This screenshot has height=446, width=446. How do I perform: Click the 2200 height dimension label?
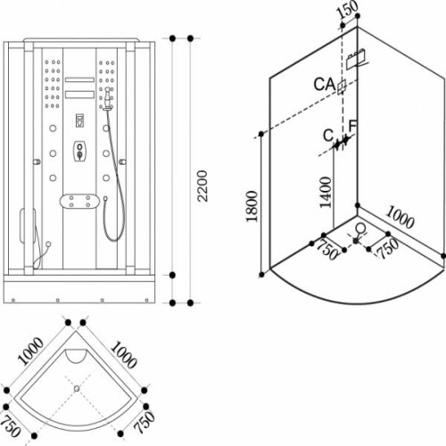click(202, 186)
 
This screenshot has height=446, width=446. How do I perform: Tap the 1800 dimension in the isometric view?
click(252, 206)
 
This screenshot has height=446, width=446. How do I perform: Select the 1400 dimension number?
click(326, 193)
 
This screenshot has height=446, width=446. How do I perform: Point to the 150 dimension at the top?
click(347, 11)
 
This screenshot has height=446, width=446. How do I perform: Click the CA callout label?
click(325, 84)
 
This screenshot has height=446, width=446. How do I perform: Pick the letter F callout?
click(352, 127)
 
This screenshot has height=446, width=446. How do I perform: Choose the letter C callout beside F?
click(328, 136)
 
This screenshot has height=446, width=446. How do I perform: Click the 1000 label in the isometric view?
click(400, 218)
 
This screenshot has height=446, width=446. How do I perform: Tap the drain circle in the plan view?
click(77, 388)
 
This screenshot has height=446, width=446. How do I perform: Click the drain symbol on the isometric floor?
click(360, 228)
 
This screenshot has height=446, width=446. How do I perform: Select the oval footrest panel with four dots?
click(78, 202)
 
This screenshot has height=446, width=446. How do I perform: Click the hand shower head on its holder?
click(108, 99)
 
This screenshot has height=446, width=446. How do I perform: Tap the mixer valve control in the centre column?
click(79, 152)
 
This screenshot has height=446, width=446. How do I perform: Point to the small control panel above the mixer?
click(79, 120)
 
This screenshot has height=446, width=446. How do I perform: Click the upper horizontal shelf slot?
click(79, 79)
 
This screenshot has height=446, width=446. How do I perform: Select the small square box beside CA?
click(342, 87)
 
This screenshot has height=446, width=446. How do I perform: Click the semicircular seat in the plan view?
click(77, 356)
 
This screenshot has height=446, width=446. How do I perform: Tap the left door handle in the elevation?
click(37, 161)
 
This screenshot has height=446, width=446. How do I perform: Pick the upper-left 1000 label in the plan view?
click(30, 351)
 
